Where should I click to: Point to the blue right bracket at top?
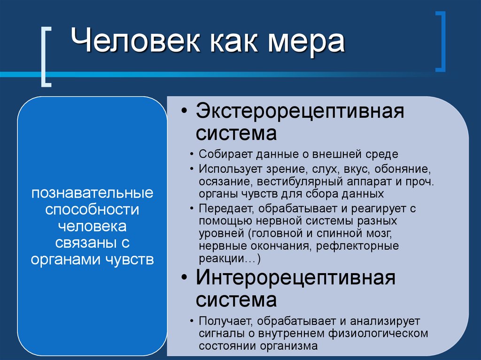(440, 42)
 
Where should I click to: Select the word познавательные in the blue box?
(92, 192)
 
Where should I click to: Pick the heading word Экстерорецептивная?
(300, 113)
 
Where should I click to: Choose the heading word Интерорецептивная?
(296, 277)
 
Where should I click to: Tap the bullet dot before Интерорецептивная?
(185, 278)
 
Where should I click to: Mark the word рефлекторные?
(357, 246)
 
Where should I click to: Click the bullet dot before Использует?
(193, 168)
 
